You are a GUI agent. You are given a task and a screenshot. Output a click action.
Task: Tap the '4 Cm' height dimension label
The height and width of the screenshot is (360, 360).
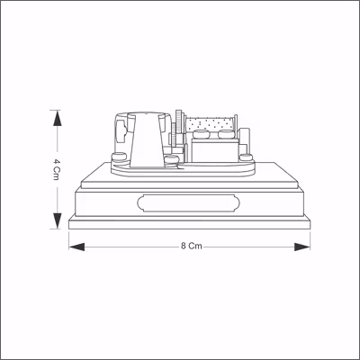pyautogui.click(x=56, y=169)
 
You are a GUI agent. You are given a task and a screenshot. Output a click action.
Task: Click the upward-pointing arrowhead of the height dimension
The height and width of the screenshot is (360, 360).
pyautogui.click(x=57, y=118)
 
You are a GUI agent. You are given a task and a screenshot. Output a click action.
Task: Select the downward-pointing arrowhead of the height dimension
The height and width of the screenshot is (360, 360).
pyautogui.click(x=57, y=220)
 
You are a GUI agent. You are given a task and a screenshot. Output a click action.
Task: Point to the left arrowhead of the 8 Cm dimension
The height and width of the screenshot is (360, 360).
pyautogui.click(x=76, y=247)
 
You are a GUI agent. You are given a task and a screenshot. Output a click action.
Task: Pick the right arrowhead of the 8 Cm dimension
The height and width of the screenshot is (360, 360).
pyautogui.click(x=302, y=247)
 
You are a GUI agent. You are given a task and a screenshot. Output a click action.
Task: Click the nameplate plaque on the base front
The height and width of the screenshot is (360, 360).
pyautogui.click(x=188, y=203)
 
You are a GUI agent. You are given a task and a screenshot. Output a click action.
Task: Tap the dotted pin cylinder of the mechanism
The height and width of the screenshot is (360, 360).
pyautogui.click(x=210, y=124)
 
